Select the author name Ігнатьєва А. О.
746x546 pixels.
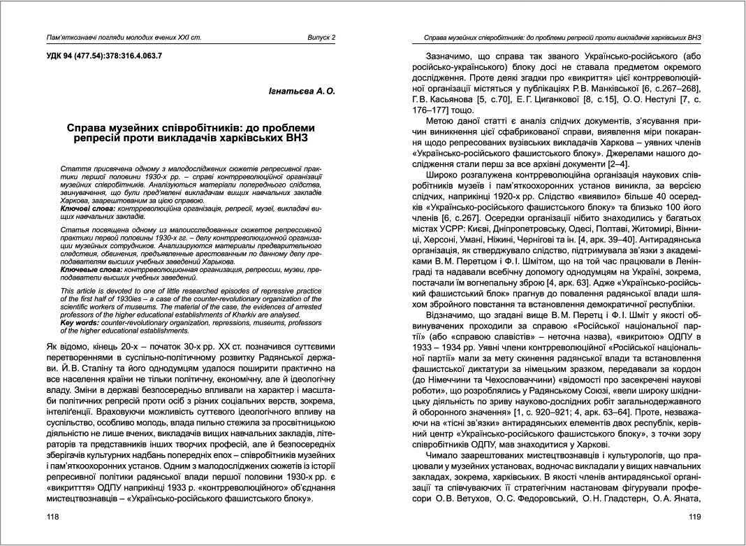click(302, 92)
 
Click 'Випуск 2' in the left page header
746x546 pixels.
click(321, 37)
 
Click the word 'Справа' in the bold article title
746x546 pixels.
click(89, 128)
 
